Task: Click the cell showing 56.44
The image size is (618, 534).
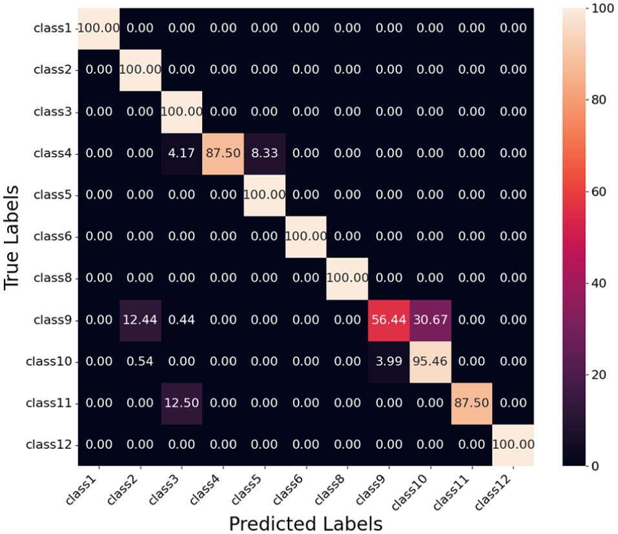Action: [x=389, y=320]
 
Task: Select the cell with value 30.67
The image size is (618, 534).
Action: [x=431, y=320]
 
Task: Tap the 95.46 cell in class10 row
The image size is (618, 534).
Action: [x=431, y=361]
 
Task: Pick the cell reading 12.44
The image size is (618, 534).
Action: [x=140, y=320]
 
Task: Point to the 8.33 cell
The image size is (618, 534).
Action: [x=265, y=153]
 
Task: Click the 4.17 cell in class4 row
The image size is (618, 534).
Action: [x=181, y=153]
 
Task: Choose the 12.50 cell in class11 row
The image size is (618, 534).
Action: [x=181, y=403]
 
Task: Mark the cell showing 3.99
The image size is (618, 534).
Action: [x=389, y=361]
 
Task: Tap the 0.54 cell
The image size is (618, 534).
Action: [x=140, y=361]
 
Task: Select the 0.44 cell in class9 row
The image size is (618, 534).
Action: [x=181, y=320]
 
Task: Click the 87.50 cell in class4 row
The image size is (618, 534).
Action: [x=223, y=153]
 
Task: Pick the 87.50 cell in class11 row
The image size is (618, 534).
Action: [x=472, y=403]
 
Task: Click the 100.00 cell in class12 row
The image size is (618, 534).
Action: [x=513, y=444]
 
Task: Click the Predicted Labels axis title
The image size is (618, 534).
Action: [x=305, y=522]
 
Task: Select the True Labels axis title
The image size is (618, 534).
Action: [x=12, y=237]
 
